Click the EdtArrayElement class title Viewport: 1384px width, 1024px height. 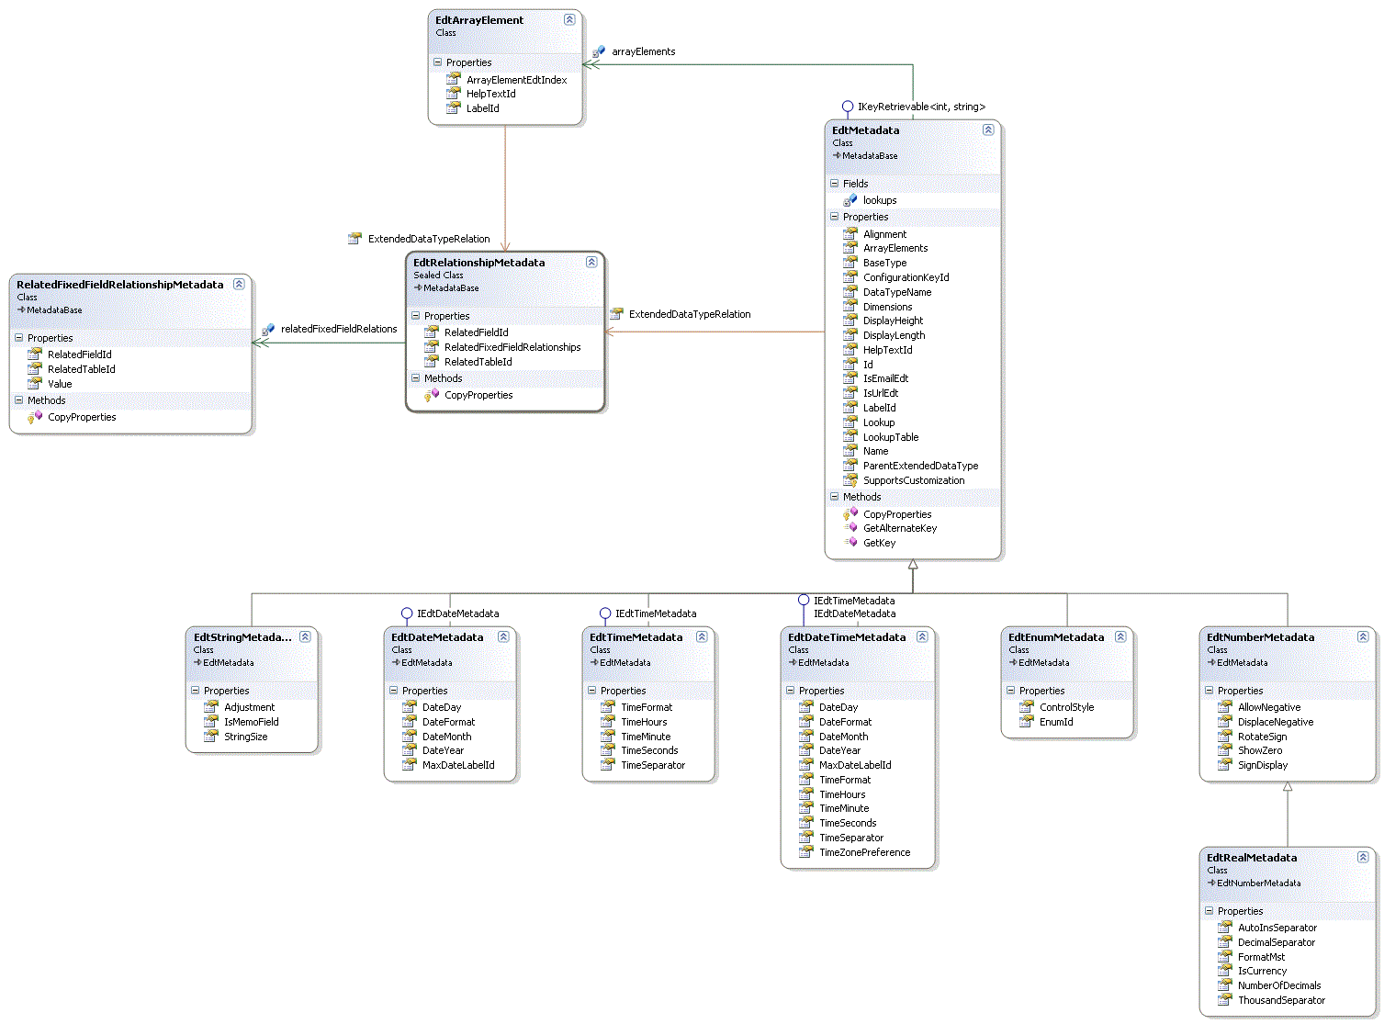coord(479,20)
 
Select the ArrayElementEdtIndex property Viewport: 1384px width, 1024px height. coord(516,80)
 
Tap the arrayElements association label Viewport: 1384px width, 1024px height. coord(643,51)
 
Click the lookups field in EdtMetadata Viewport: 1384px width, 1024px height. coord(879,200)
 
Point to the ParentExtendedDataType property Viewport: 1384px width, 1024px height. coord(920,466)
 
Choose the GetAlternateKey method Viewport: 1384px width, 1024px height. coord(899,528)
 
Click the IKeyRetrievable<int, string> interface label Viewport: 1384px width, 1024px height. coord(920,107)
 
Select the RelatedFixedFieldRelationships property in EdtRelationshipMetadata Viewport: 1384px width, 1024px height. coord(512,347)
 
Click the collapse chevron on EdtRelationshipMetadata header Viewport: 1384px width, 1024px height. coord(591,262)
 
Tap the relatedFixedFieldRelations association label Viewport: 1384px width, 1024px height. coord(338,329)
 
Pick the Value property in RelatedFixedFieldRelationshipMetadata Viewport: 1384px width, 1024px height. coord(60,384)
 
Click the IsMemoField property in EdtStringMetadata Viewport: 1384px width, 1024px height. coord(251,722)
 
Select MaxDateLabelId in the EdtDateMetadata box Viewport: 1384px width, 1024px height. coord(457,765)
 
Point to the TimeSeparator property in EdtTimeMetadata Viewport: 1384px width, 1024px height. coord(652,765)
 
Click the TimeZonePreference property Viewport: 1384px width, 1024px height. coord(864,852)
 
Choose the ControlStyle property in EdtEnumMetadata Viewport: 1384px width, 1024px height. coord(1066,707)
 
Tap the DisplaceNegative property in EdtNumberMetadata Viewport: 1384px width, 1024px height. coord(1275,722)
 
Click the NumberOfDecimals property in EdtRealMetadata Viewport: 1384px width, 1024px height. coord(1278,985)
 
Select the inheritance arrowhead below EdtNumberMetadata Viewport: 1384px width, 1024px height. coord(1288,787)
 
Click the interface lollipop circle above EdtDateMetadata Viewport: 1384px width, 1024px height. coord(407,613)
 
